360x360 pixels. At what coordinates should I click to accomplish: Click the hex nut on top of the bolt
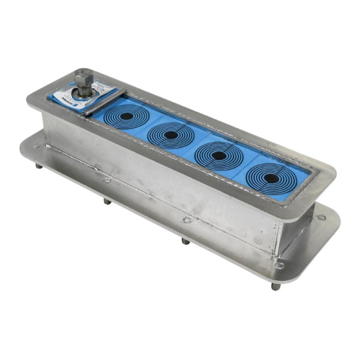click(83, 78)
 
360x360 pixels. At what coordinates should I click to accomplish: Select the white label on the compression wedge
click(65, 98)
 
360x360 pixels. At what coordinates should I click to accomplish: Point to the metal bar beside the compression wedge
click(103, 104)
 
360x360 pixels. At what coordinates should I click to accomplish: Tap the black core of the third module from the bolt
click(219, 155)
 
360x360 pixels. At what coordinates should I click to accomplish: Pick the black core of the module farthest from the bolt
click(268, 178)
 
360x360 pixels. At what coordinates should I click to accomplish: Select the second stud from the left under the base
click(107, 200)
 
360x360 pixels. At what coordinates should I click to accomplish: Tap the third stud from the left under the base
click(185, 241)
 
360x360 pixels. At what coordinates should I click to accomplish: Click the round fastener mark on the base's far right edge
click(322, 217)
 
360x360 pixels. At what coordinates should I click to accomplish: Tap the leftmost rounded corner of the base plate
click(23, 144)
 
